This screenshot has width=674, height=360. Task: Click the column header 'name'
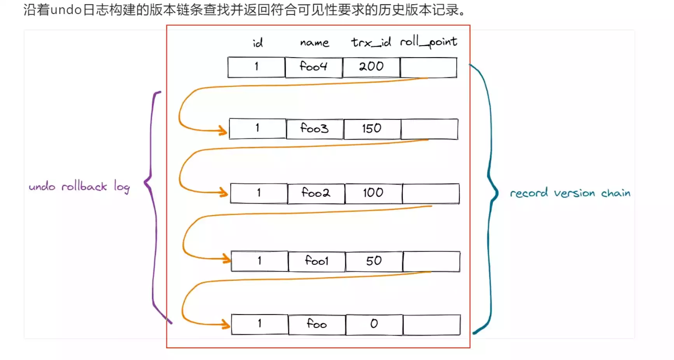tap(314, 42)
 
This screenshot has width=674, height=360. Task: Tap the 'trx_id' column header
tap(371, 42)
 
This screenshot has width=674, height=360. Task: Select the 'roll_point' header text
tap(429, 42)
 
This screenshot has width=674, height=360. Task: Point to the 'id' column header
tap(257, 43)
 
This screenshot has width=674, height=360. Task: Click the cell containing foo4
tap(313, 67)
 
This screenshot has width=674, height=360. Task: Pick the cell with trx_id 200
tap(371, 67)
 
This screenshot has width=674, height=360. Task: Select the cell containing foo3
tap(315, 129)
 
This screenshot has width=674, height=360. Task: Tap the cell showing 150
tap(372, 129)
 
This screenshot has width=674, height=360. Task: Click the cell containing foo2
tap(316, 193)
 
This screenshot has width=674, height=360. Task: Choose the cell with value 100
tap(373, 193)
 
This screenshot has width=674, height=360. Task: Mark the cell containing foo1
tap(317, 261)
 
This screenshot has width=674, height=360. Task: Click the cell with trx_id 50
tap(374, 261)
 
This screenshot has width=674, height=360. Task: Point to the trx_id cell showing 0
tap(374, 324)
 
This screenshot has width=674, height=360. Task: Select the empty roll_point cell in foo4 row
tap(428, 67)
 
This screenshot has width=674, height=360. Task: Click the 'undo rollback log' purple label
tap(79, 187)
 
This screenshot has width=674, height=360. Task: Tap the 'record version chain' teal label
tap(570, 193)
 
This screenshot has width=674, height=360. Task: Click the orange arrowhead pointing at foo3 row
tap(223, 130)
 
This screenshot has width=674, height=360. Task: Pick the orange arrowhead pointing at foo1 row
tap(226, 258)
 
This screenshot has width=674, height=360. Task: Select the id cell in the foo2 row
tap(259, 193)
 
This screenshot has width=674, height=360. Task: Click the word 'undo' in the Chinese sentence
tap(66, 9)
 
